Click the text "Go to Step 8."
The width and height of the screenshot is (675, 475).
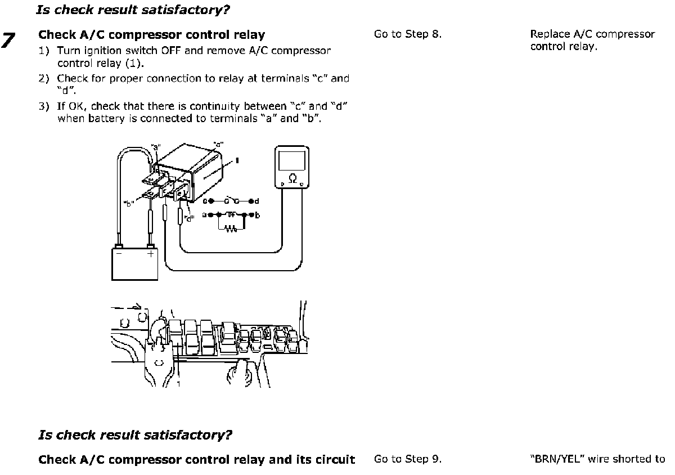(408, 34)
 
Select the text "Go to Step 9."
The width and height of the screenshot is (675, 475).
(408, 459)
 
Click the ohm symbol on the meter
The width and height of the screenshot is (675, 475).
(292, 178)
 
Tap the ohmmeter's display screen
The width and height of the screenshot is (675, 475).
(292, 160)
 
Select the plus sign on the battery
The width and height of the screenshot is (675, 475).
(150, 254)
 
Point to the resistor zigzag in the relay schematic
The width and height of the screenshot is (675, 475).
(231, 228)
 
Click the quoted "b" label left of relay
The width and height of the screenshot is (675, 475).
(128, 204)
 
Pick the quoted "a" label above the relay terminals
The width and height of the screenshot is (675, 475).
(154, 148)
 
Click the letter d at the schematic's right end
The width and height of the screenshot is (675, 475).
(256, 201)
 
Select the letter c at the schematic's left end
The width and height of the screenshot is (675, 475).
(205, 201)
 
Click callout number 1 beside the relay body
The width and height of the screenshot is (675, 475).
(238, 160)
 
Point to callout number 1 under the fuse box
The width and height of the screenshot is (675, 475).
(178, 384)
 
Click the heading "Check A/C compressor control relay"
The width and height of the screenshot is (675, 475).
(151, 35)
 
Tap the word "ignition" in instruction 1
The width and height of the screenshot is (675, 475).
(107, 51)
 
